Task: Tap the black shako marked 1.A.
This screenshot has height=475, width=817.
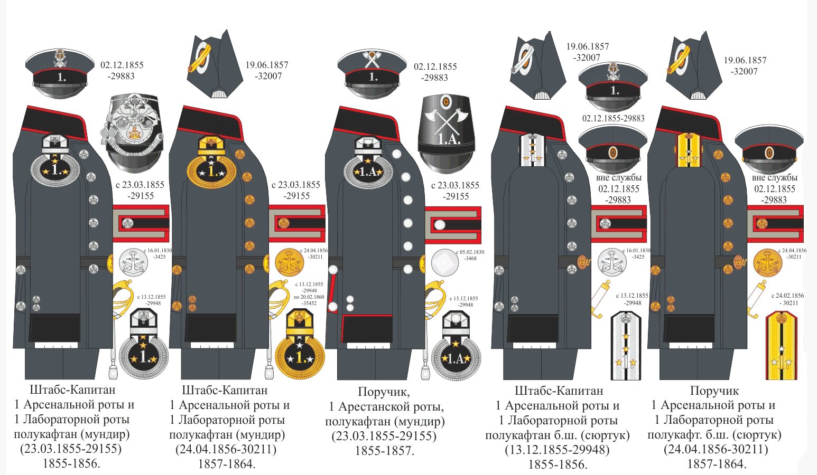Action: [447, 132]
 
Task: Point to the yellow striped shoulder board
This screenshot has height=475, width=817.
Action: [781, 345]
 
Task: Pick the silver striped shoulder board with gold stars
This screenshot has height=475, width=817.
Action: [626, 345]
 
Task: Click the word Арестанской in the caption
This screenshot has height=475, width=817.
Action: [390, 407]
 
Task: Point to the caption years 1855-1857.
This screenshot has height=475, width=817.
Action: [384, 451]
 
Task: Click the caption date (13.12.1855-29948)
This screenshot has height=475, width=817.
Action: [557, 450]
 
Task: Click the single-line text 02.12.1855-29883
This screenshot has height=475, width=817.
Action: [613, 118]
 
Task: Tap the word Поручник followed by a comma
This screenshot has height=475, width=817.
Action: [384, 392]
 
